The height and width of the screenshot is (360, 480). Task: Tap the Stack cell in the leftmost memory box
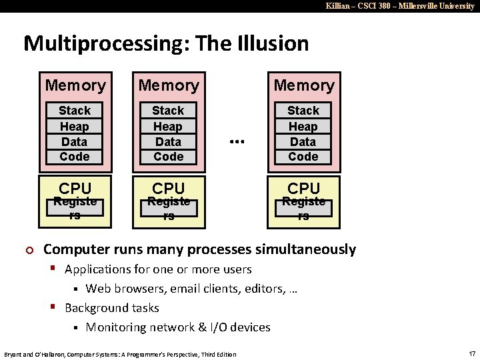(74, 111)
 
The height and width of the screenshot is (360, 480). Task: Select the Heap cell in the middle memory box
(168, 127)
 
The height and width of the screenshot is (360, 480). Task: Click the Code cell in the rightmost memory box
(303, 157)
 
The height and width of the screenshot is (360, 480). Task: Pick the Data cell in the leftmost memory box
(74, 142)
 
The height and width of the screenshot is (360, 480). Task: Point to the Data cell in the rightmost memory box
(303, 142)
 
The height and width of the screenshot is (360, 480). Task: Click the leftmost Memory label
(75, 85)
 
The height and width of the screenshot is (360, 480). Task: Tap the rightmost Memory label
(304, 85)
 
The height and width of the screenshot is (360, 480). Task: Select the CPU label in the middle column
(169, 188)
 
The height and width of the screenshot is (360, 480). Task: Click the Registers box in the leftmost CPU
(75, 208)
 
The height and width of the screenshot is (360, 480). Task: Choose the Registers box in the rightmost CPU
(303, 208)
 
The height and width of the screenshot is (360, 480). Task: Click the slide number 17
(471, 353)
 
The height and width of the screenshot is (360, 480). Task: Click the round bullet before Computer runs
(28, 250)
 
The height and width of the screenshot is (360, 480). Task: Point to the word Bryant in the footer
(13, 354)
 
